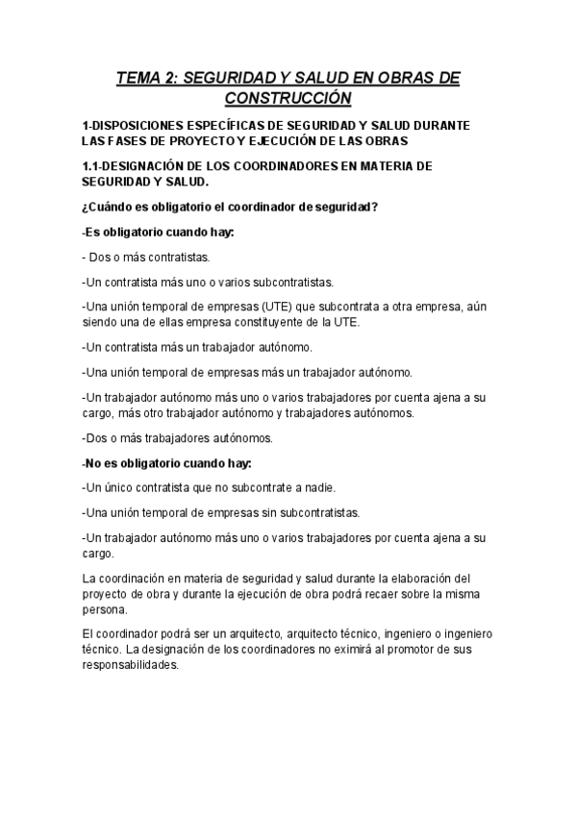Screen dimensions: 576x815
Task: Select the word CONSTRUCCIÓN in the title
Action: coord(288,98)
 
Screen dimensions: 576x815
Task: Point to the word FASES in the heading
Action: coord(131,141)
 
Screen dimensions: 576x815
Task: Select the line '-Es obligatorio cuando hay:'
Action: coord(158,233)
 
